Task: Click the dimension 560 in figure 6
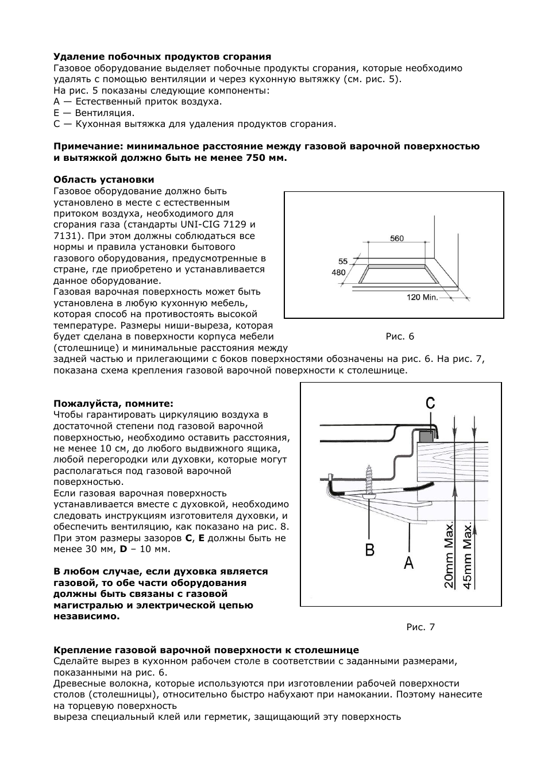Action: click(x=397, y=238)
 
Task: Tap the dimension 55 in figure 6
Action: click(x=343, y=261)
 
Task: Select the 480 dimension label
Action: click(x=339, y=272)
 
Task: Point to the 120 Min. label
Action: click(x=422, y=297)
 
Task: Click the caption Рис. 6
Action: click(x=400, y=337)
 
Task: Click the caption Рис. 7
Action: click(x=420, y=627)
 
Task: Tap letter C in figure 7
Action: click(x=430, y=404)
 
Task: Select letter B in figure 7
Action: click(x=369, y=550)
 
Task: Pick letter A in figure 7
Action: click(x=408, y=562)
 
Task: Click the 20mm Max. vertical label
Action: click(x=449, y=555)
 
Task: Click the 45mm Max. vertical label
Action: click(x=468, y=555)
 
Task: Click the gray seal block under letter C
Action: click(x=425, y=437)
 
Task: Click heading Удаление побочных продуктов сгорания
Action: click(x=162, y=57)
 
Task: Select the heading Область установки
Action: click(x=104, y=180)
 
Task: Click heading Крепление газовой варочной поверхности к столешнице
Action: click(x=206, y=650)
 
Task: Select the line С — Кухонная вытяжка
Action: click(x=195, y=124)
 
